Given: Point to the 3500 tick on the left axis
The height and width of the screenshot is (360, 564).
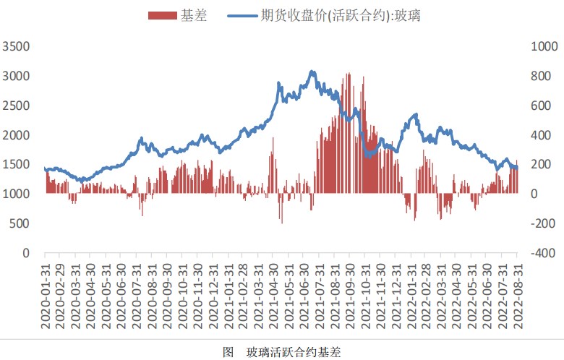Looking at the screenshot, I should (17, 46).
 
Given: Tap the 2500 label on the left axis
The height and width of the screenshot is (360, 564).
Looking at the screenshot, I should (17, 106).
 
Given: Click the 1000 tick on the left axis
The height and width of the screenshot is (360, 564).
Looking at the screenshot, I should (17, 194).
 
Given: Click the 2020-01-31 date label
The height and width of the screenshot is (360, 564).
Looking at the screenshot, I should (45, 297).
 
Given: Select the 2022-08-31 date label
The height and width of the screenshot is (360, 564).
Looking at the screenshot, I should (518, 297).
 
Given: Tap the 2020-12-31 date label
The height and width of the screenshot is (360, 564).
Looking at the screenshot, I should (214, 297).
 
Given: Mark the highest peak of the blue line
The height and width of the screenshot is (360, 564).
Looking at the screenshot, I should (312, 71).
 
